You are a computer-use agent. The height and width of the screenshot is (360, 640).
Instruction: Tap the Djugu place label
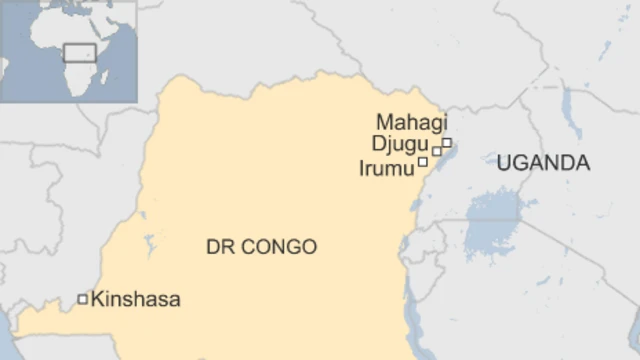coord(399,146)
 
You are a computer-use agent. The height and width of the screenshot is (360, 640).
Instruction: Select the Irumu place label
coord(386,168)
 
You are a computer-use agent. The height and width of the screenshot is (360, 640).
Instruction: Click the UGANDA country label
coord(543,163)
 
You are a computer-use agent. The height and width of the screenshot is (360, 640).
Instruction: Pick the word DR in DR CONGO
coord(219,246)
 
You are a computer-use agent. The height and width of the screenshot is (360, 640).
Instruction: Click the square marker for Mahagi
coord(447,142)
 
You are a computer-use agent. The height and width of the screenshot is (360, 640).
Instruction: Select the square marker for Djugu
coord(436,151)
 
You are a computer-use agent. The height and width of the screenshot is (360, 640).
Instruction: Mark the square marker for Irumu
coord(423,161)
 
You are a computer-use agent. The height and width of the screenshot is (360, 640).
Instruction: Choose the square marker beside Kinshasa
coord(82,298)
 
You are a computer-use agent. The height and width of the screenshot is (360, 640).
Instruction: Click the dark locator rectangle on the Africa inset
coord(79,52)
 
